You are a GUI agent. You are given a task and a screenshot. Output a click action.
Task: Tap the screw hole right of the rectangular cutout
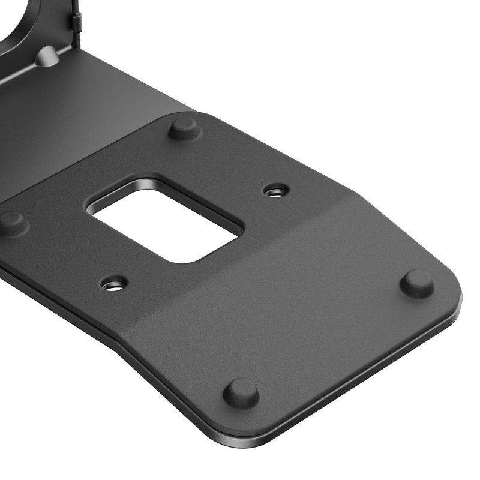tap(276, 191)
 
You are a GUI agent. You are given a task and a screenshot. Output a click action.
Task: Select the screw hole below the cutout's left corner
tap(114, 283)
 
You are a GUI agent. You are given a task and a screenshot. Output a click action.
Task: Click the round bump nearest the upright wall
tap(184, 128)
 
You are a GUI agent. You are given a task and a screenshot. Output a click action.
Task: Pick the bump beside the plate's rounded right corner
tap(417, 283)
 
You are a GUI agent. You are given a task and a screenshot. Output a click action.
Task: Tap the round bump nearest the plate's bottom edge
tap(241, 392)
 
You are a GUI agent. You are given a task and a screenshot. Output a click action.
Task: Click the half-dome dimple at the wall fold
tap(47, 57)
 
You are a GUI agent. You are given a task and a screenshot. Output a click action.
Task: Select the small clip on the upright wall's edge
tap(76, 21)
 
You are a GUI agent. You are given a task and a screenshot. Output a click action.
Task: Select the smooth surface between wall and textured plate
tap(108, 108)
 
